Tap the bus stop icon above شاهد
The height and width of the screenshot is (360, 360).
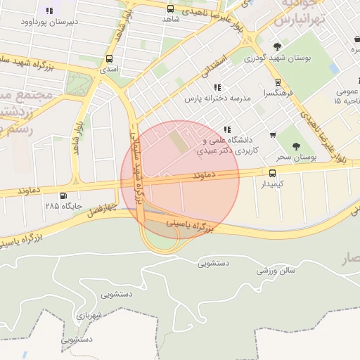(x=170, y=9)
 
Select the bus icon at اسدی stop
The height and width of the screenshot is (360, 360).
(x=109, y=59)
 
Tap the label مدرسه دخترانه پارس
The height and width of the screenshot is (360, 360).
(x=217, y=99)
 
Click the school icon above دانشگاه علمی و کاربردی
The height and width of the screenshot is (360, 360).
(x=226, y=129)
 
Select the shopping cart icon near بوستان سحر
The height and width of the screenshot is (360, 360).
(x=273, y=135)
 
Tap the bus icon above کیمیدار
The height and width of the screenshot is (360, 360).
(x=272, y=172)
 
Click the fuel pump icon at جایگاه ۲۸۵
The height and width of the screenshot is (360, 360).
(x=65, y=195)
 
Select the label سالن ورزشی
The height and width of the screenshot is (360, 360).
(x=276, y=269)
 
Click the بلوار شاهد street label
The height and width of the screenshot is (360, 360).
(x=76, y=138)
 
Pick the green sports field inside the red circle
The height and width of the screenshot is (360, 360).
(x=179, y=142)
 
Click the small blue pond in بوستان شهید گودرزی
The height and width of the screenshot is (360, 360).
(x=333, y=69)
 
